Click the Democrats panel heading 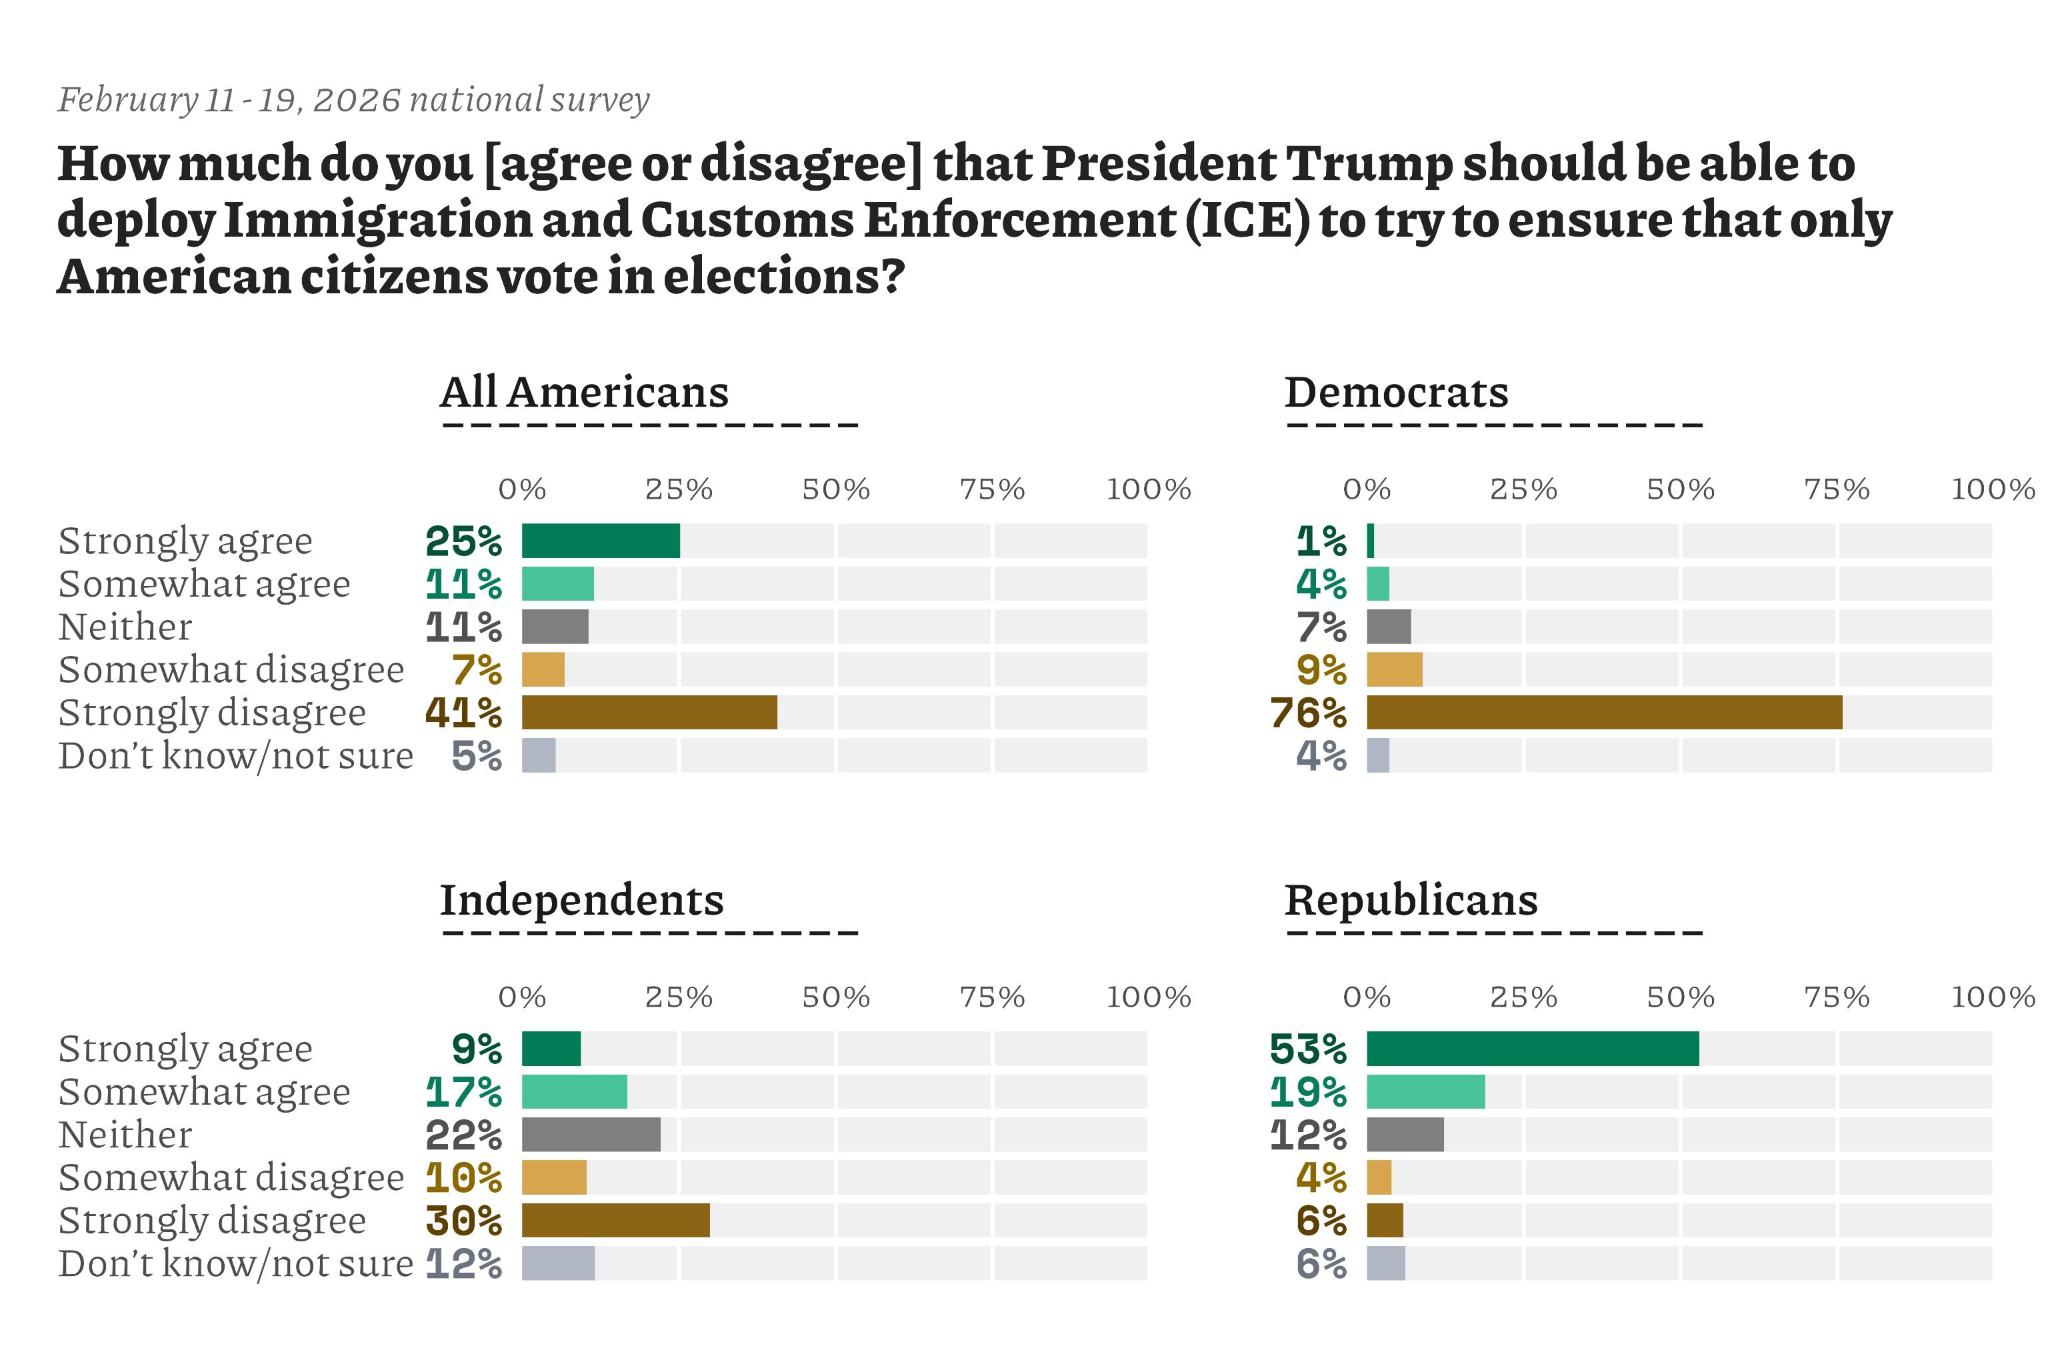[1396, 392]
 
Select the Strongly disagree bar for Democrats [1604, 712]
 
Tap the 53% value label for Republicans [1308, 1049]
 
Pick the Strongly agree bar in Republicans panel [1532, 1049]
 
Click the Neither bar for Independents [591, 1135]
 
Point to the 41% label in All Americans [463, 713]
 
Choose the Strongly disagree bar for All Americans [649, 712]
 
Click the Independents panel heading [581, 900]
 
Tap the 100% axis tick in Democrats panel [1993, 490]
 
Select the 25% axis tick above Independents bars [679, 998]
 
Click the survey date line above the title [354, 100]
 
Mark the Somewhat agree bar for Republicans [1425, 1092]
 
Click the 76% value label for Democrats [1308, 713]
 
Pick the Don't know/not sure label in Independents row [235, 1264]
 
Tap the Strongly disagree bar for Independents [615, 1220]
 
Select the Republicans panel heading [1411, 900]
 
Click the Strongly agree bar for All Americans [601, 541]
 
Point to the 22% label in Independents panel [463, 1135]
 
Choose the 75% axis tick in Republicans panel [1837, 998]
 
